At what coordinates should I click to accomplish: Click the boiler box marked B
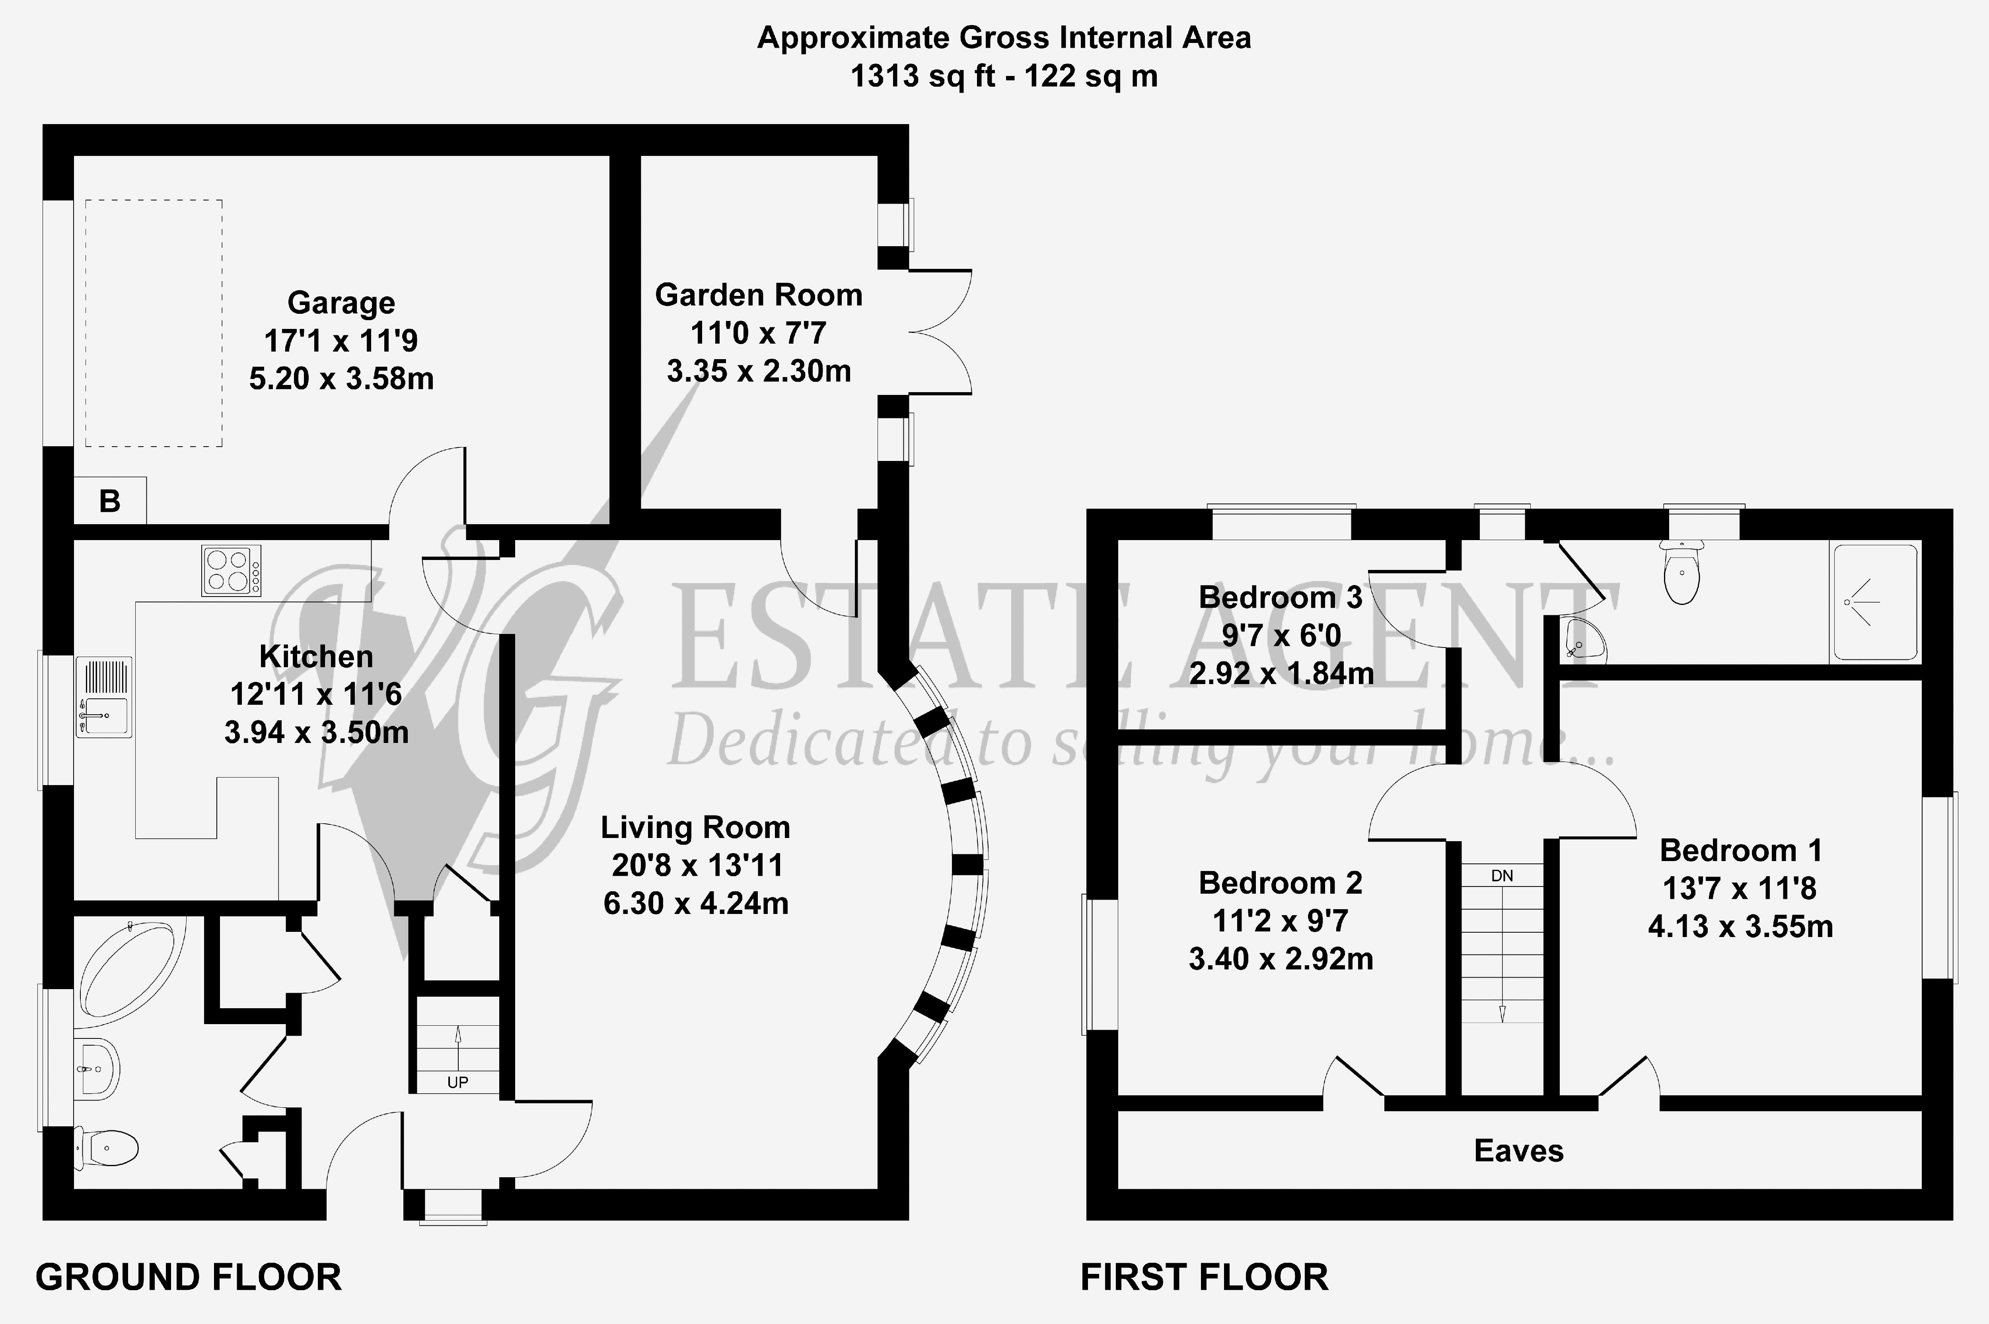[110, 501]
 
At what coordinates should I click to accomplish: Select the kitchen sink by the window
[104, 697]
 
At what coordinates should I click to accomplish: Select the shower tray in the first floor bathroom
[1875, 603]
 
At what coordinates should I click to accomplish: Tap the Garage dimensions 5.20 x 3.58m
[341, 378]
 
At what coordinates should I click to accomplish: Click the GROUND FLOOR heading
[188, 1277]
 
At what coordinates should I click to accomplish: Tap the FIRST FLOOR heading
[1205, 1277]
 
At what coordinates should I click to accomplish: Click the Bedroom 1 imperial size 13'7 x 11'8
[1740, 888]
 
